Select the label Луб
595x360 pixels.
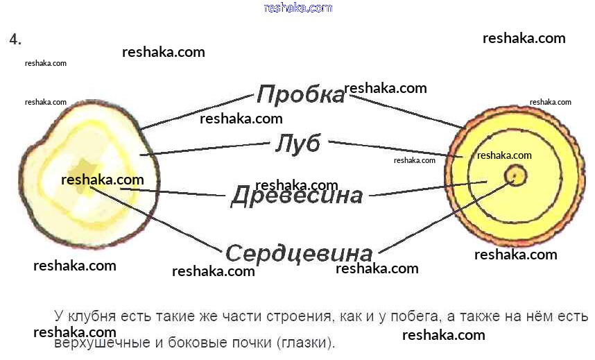297,144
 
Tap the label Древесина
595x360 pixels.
296,196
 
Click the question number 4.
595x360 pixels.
15,40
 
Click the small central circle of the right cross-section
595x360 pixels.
515,175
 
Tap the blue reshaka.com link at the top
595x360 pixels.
298,8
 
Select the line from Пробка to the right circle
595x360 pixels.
406,111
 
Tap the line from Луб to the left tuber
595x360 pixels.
208,148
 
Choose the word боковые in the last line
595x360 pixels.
196,343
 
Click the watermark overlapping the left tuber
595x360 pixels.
103,180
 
